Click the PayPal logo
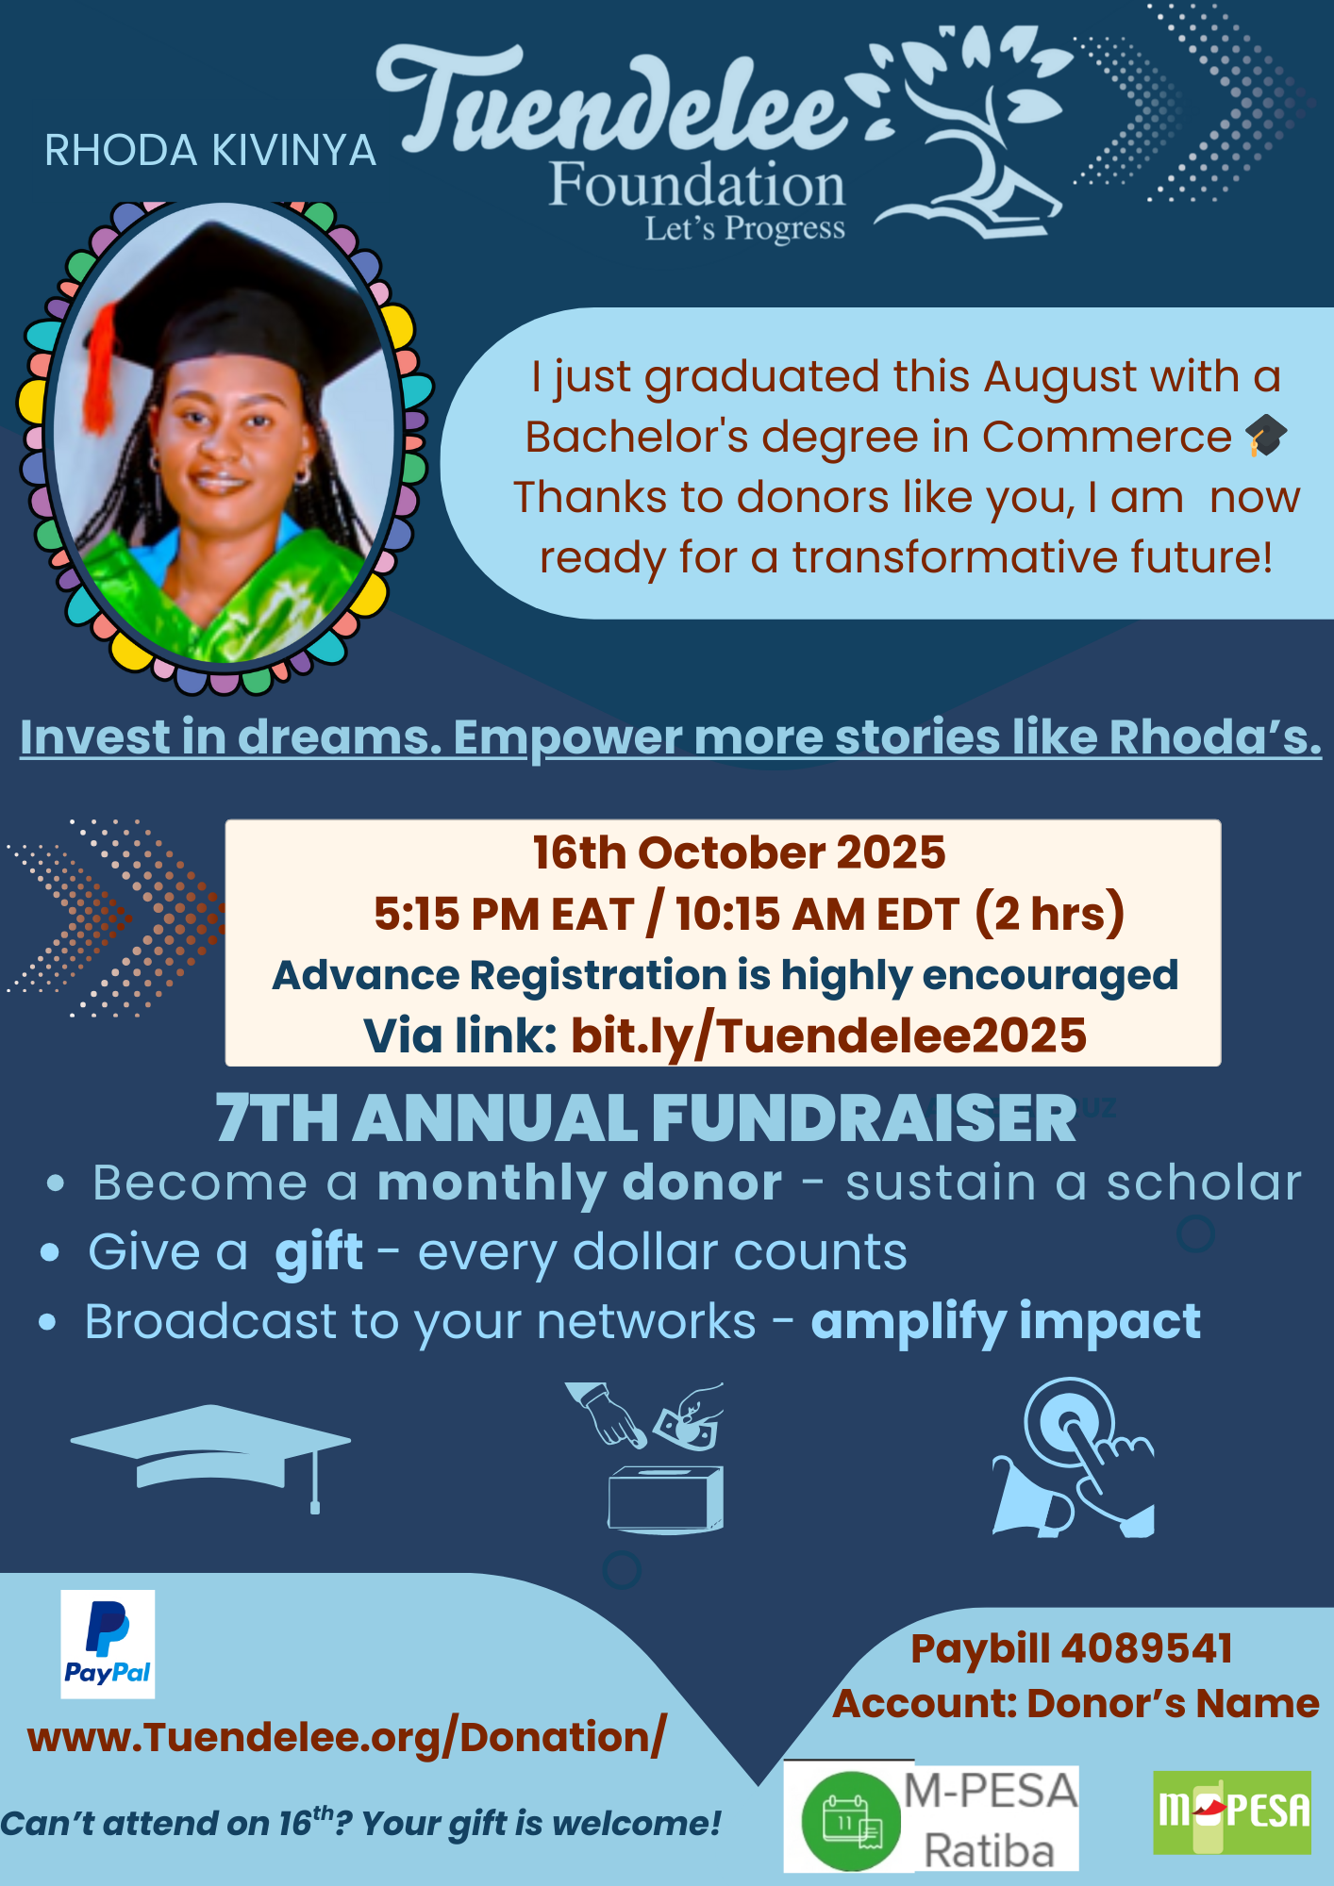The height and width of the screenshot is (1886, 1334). coord(108,1645)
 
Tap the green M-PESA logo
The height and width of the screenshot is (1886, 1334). coord(1232,1812)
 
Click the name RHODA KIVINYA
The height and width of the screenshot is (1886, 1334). coord(210,151)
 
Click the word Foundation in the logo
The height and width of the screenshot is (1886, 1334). coord(697,185)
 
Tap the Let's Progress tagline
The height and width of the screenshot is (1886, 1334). coord(745,229)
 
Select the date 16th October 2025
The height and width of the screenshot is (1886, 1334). coord(739,852)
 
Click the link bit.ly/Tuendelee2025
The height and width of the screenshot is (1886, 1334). coord(828,1035)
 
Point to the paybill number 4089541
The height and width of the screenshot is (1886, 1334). coord(1147,1648)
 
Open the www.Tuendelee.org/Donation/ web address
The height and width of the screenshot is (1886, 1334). coord(347,1737)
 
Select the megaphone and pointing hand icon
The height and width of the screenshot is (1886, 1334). coord(1074,1458)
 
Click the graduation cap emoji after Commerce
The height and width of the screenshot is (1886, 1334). coord(1266,436)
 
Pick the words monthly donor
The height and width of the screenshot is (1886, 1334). coord(579,1183)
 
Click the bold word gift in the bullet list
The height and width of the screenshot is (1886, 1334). coord(319,1254)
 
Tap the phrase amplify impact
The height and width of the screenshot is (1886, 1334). coord(1006,1322)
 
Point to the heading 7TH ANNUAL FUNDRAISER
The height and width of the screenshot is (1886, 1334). coord(646,1119)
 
